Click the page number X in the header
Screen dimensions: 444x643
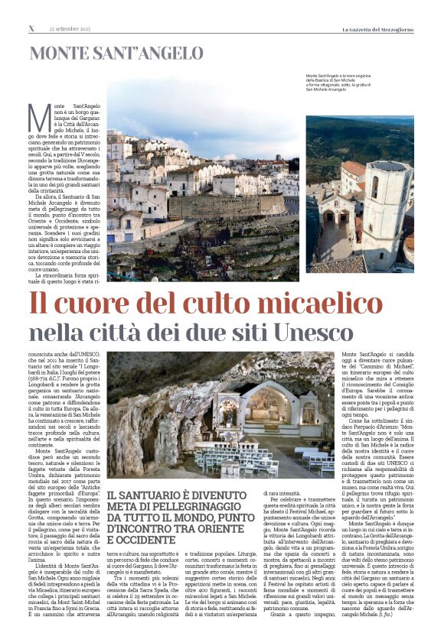click(x=31, y=28)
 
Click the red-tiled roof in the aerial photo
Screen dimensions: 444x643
click(x=353, y=170)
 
